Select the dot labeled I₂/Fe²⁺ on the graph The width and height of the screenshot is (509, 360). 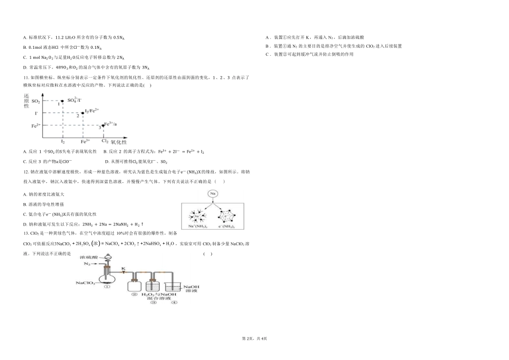click(83, 113)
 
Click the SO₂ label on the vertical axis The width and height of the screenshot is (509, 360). click(35, 101)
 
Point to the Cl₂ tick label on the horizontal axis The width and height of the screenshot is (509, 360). click(104, 141)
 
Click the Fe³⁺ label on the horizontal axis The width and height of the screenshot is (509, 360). click(85, 141)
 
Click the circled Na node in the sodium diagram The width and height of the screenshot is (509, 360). click(213, 193)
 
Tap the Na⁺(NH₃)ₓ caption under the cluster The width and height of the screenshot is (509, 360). click(198, 227)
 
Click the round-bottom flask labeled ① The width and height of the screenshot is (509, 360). click(107, 277)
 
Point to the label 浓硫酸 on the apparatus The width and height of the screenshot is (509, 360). click(89, 258)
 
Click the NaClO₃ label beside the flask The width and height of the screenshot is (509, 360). click(86, 283)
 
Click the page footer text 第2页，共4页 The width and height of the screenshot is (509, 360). click(254, 339)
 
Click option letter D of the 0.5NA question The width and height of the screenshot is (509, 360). click(25, 67)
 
